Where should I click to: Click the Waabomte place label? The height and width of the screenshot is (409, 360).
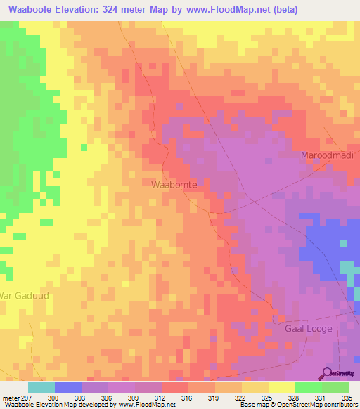tap(174, 183)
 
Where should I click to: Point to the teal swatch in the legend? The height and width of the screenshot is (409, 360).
tap(41, 387)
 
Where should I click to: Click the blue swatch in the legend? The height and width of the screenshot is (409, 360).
tap(68, 387)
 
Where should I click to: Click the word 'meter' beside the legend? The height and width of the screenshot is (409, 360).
tap(9, 398)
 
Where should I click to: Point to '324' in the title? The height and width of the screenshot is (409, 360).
tap(119, 10)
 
